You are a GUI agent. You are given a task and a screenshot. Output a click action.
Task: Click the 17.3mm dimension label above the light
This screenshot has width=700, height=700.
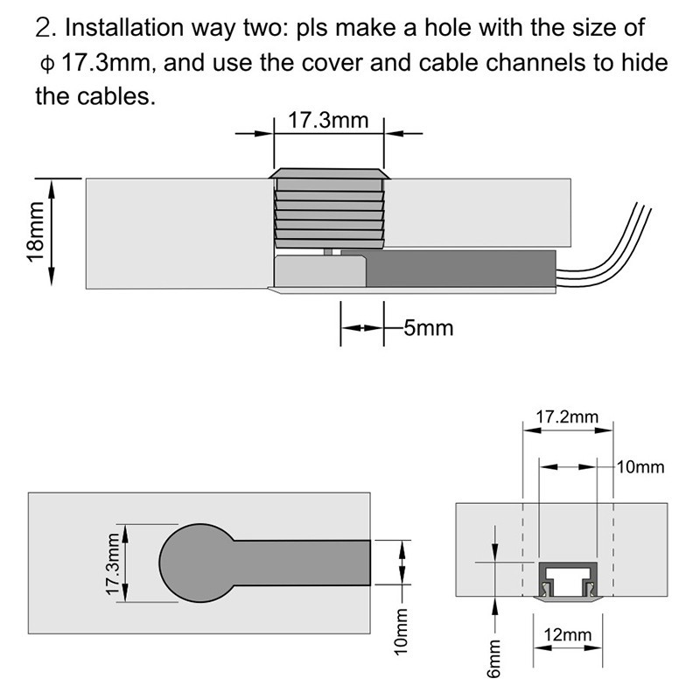pyautogui.click(x=328, y=120)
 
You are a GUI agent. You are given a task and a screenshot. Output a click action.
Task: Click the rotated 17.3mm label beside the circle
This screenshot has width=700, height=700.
pyautogui.click(x=112, y=564)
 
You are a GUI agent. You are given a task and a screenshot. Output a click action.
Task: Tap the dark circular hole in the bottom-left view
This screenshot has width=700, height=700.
pyautogui.click(x=193, y=563)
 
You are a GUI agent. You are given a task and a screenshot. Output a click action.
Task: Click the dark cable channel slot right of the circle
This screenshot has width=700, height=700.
pyautogui.click(x=302, y=563)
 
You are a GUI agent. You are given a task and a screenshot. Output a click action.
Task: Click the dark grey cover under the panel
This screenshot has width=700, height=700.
pyautogui.click(x=459, y=269)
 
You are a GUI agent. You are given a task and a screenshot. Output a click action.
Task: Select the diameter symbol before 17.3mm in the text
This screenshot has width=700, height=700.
pyautogui.click(x=46, y=63)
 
